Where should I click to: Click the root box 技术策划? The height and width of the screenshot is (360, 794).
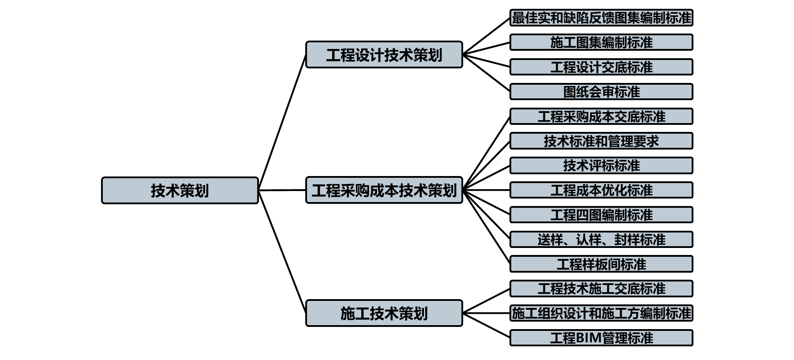click(x=180, y=191)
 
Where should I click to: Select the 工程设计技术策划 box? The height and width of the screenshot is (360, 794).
click(x=384, y=55)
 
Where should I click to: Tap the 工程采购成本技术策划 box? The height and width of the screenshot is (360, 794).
click(x=384, y=190)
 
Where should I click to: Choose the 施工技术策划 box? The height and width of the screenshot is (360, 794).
click(x=384, y=313)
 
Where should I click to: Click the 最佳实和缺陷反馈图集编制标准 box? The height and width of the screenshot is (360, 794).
click(x=601, y=18)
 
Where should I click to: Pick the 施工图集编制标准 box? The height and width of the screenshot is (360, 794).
click(x=601, y=42)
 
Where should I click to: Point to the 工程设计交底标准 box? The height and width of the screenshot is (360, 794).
click(x=601, y=67)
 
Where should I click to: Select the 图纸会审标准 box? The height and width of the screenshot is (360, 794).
click(x=601, y=92)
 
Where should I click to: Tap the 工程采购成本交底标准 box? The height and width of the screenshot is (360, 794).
click(x=601, y=116)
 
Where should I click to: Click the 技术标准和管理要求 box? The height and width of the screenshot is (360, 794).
click(x=601, y=141)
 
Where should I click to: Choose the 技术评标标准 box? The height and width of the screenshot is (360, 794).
click(x=601, y=165)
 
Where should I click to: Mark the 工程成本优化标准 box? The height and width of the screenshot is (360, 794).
click(x=601, y=190)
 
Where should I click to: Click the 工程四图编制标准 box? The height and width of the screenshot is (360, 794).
click(x=601, y=215)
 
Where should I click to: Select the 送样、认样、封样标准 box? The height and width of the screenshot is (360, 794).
click(x=601, y=240)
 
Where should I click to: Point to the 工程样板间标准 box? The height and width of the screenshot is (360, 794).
click(x=601, y=264)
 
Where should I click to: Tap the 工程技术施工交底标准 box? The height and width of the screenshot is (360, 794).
click(x=601, y=289)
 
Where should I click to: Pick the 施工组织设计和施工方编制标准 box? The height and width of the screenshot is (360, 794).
click(x=601, y=313)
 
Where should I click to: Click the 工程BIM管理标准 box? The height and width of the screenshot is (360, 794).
click(x=601, y=338)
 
